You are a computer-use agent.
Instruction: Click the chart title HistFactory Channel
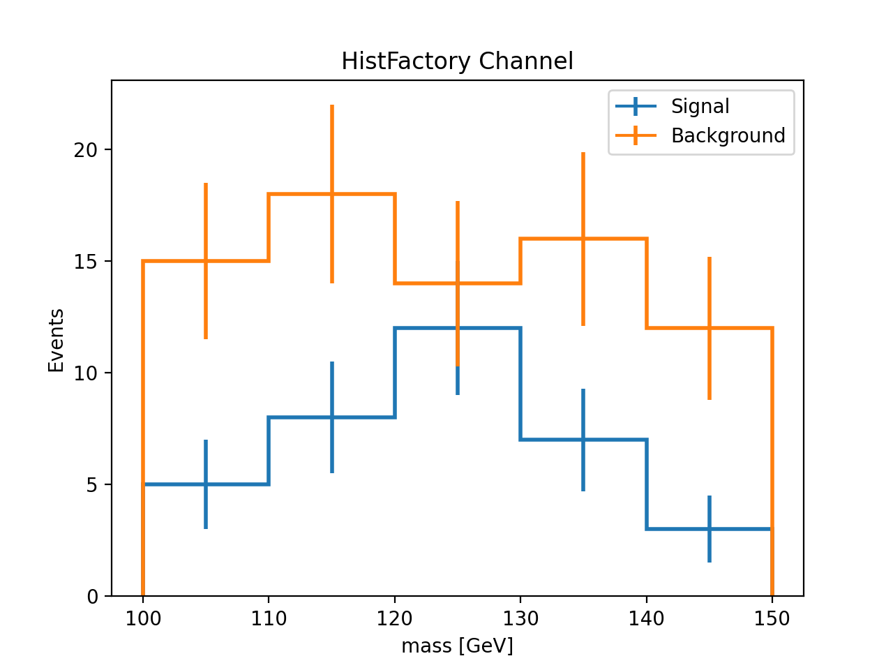pos(457,61)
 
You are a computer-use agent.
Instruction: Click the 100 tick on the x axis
pos(143,618)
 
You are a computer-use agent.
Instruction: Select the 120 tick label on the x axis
pos(395,618)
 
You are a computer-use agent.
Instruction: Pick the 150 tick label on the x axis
pos(772,618)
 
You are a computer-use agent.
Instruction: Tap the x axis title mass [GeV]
pos(457,646)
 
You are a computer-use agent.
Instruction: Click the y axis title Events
pos(56,340)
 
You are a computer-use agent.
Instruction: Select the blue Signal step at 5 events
pos(174,484)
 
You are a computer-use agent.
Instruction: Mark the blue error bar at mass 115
pos(332,447)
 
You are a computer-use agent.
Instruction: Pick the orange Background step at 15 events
pos(174,261)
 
